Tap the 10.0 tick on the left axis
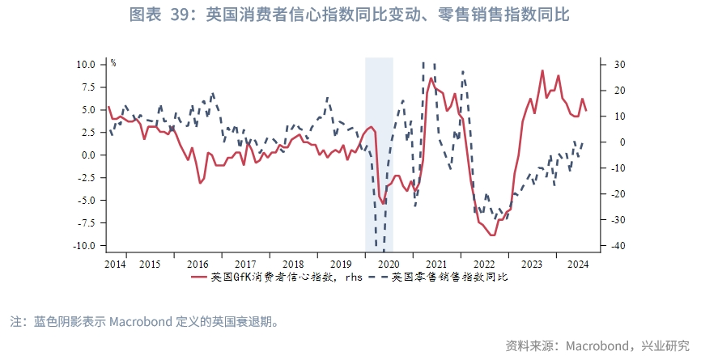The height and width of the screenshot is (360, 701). tap(86, 64)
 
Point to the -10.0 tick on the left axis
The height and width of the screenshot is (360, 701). tap(84, 245)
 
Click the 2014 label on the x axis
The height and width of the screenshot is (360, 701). tap(115, 264)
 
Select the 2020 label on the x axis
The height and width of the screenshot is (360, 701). tap(389, 264)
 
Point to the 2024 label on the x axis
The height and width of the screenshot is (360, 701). tap(578, 264)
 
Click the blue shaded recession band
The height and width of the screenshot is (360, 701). tap(379, 154)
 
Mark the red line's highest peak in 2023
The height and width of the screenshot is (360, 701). tap(542, 70)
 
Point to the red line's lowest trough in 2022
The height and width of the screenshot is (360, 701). tap(492, 235)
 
